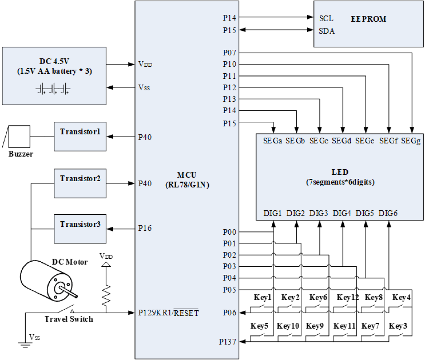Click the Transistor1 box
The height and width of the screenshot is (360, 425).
coord(80,136)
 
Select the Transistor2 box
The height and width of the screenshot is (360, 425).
coord(80,183)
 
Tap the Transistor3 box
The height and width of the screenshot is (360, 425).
coord(80,229)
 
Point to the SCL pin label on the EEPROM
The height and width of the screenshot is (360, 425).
coord(326,19)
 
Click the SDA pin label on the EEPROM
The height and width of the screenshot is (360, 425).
coord(327,31)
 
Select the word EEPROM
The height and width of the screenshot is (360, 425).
coord(368,19)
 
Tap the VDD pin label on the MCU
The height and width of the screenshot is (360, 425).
coord(145,64)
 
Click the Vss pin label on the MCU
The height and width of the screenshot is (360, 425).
coord(144,88)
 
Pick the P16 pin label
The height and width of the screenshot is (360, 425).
coord(145,228)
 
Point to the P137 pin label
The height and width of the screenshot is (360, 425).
coord(227,342)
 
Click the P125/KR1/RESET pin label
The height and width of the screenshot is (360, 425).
coord(168,313)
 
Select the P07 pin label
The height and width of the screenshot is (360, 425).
coord(229,53)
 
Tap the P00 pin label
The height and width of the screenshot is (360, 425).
coord(229,232)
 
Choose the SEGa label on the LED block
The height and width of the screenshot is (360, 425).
coord(272,141)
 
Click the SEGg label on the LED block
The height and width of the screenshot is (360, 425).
coord(410,141)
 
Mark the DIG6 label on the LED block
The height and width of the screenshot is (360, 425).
coord(388,213)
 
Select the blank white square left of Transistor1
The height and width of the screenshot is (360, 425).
coord(19,137)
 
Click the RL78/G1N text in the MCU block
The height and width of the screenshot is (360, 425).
coord(187,185)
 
